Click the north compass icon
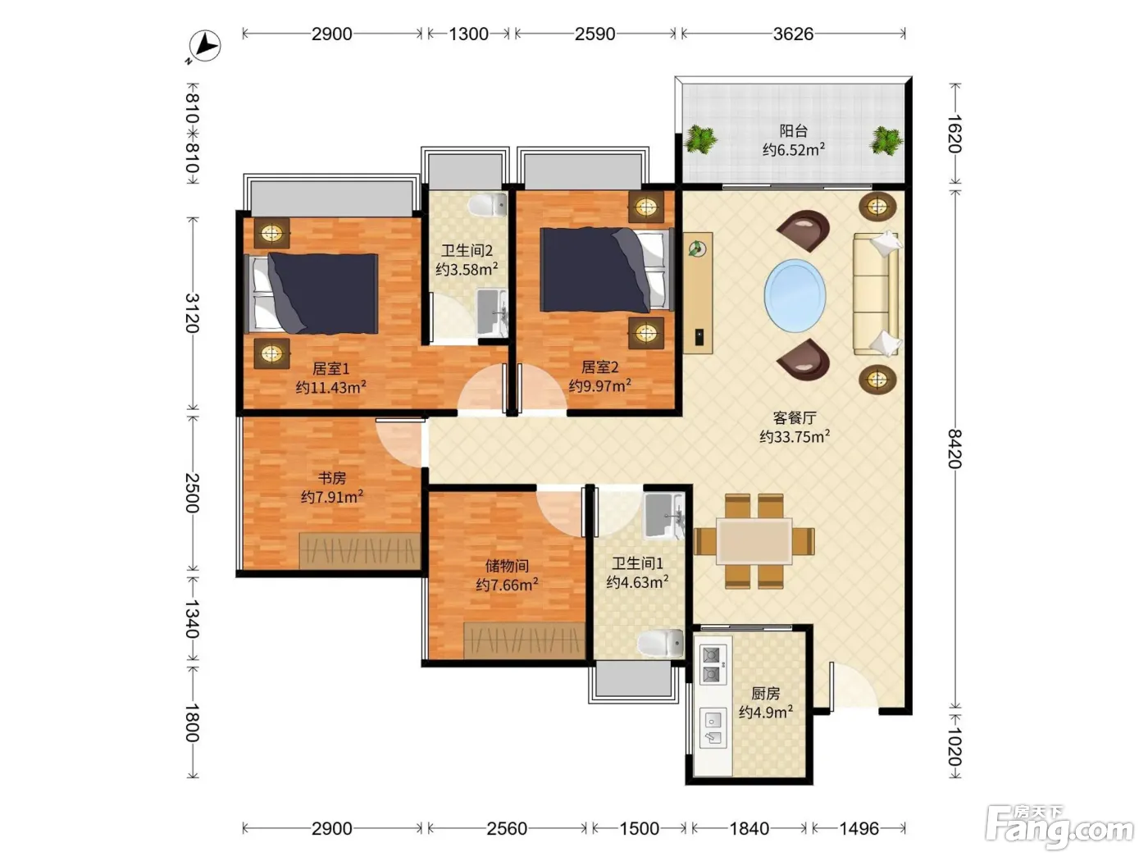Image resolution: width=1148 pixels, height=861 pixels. point(204,46)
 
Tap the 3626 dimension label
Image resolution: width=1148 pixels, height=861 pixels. point(793,34)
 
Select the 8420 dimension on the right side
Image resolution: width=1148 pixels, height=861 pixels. point(955,449)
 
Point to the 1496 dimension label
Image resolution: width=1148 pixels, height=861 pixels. point(859,828)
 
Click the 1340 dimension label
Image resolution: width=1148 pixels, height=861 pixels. point(193,618)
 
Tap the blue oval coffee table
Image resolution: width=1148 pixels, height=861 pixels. point(795,295)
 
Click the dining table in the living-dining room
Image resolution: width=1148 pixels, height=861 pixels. point(754,541)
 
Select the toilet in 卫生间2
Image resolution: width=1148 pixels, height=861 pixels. point(487,204)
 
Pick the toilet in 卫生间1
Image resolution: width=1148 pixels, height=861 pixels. point(661,643)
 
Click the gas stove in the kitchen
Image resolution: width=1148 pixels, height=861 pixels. point(713,664)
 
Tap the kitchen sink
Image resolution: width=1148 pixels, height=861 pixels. point(713,728)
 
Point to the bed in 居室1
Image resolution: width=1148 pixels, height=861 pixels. point(312,294)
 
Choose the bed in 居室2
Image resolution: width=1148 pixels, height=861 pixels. point(607,270)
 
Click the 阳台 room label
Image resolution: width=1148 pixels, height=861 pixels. point(794,130)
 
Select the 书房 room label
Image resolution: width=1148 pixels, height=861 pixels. point(332,477)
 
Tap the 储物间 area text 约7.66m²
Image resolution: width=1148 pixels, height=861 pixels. point(507,585)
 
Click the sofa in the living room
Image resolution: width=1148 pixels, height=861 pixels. point(877,294)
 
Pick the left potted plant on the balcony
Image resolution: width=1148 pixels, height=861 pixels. point(699,139)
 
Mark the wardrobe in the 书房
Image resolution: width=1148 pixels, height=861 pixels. point(359,550)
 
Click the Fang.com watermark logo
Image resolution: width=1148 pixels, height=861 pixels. point(1059,826)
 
